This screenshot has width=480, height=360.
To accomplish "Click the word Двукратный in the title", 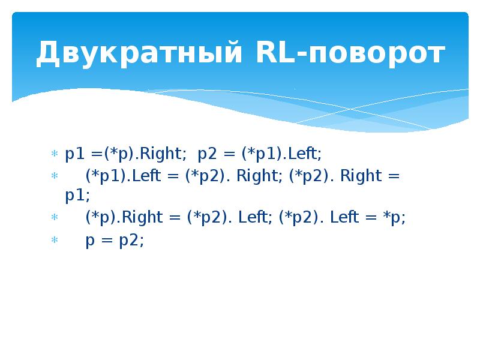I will pos(139,54).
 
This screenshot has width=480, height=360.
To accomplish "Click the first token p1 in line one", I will pos(74,154).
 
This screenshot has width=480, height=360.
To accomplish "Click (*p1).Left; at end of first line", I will pos(281,154).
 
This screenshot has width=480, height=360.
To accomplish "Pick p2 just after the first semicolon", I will pos(206,154).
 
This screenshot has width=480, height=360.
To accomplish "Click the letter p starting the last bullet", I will pos(90,241).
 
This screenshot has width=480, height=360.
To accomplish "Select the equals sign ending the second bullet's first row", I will pos(395,176).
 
